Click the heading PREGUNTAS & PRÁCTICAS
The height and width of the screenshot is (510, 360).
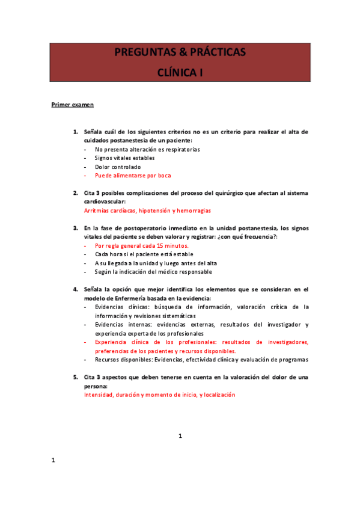(x=180, y=54)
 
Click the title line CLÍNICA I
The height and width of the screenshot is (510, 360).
(x=180, y=72)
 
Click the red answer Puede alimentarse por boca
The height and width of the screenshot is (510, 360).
(x=133, y=176)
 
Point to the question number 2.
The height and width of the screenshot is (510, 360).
(x=75, y=193)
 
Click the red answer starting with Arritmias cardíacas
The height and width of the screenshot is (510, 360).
(x=147, y=210)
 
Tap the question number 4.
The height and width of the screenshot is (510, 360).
(x=75, y=289)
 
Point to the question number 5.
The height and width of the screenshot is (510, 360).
(x=75, y=377)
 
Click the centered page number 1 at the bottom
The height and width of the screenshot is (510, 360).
(x=180, y=435)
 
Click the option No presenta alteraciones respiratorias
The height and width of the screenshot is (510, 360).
(x=147, y=149)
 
